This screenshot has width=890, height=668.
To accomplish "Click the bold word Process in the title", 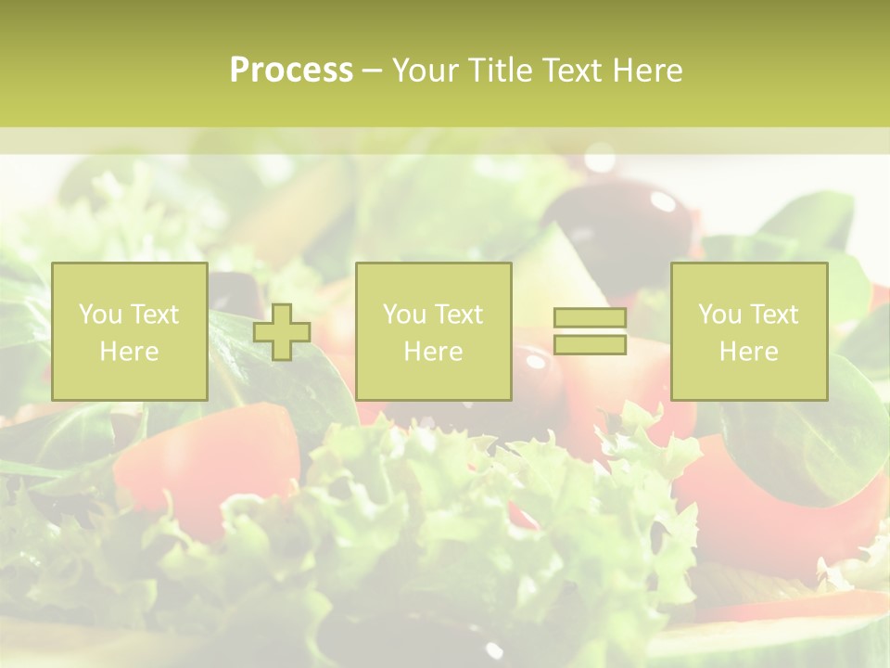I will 291,71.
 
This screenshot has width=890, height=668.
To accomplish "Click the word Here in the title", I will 648,71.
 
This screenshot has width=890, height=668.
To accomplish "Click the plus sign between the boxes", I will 282,332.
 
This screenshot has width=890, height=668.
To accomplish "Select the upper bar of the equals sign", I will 590,318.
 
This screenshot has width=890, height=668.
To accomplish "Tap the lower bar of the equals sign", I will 590,344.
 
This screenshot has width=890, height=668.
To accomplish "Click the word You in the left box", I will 100,315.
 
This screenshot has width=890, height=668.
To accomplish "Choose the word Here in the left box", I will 129,352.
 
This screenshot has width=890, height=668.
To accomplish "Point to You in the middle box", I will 404,315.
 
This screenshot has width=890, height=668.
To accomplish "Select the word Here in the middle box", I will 433,352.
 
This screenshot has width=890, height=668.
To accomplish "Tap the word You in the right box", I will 719,315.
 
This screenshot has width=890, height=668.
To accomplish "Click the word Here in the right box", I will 748,352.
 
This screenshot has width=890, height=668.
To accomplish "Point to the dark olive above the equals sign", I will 630,223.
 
